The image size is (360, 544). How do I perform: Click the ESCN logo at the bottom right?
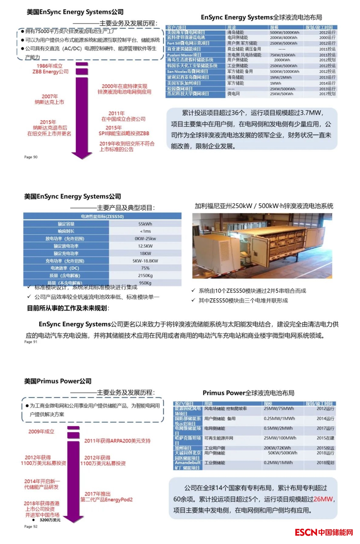[323, 532]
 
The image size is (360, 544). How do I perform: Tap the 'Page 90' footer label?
[31, 157]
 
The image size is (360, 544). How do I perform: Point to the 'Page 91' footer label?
[31, 342]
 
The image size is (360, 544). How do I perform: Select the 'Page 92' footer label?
[31, 526]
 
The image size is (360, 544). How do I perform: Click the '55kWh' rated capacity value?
[145, 224]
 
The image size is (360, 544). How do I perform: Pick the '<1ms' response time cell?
[145, 231]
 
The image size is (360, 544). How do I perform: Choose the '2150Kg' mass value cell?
[145, 276]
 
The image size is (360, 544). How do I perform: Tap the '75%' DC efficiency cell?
[145, 268]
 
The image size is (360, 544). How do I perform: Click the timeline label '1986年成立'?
[50, 66]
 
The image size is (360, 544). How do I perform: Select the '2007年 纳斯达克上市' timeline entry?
[50, 99]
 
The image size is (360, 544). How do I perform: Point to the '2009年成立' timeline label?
[41, 432]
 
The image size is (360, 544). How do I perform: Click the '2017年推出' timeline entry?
[98, 494]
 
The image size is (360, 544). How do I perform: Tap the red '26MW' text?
[323, 499]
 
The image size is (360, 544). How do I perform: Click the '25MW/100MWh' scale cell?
[280, 438]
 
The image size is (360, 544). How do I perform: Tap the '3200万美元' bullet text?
[50, 520]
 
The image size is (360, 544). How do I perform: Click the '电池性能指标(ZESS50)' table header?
[102, 216]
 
